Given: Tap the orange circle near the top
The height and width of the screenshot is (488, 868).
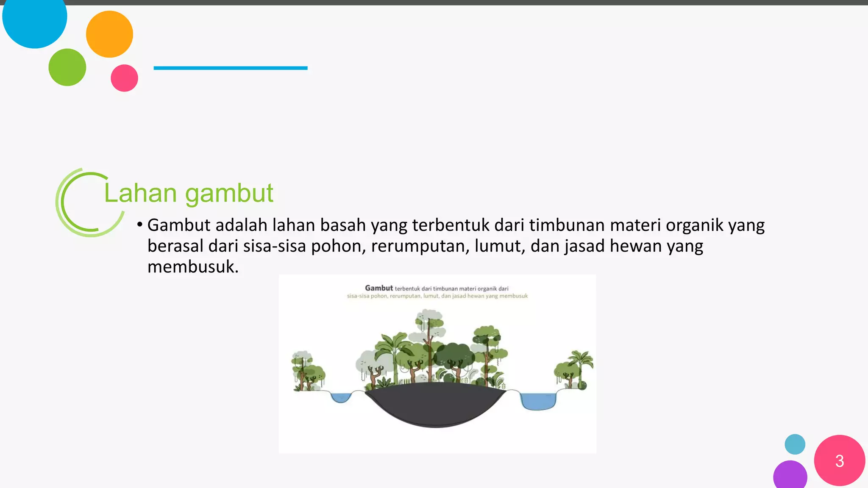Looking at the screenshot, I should tap(109, 34).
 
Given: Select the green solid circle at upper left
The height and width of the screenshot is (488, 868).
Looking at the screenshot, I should tap(67, 67).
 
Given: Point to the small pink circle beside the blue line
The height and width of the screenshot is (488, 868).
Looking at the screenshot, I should tap(124, 78).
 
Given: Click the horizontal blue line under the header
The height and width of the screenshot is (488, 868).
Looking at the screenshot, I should tap(230, 68).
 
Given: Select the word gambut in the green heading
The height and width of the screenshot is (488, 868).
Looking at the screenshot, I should tap(229, 194).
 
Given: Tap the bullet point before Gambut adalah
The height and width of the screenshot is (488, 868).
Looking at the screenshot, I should tap(139, 225).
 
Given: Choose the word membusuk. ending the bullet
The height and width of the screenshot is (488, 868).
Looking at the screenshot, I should tap(193, 267).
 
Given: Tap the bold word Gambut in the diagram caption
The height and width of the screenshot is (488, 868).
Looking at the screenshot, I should tap(379, 288).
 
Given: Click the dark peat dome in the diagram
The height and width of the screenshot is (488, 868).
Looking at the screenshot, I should tap(436, 405).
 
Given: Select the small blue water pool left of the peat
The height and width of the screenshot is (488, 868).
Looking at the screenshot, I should tap(340, 398).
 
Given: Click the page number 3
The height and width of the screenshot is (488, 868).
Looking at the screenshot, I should tap(839, 461).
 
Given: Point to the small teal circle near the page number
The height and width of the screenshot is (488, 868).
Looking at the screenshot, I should tap(795, 444).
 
